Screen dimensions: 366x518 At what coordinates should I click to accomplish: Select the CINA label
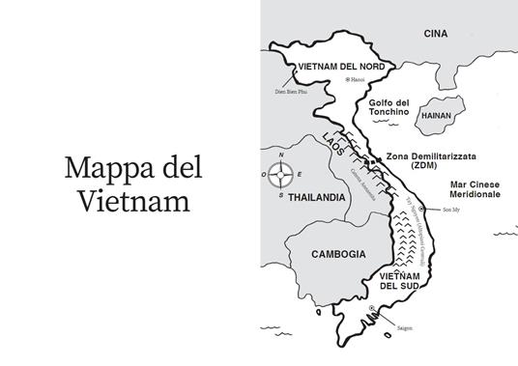pos(436,34)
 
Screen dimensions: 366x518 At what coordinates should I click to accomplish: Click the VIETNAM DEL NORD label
pos(342,67)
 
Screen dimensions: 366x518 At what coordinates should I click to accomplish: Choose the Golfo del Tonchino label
pos(389,108)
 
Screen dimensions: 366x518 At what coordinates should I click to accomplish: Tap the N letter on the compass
pos(281,156)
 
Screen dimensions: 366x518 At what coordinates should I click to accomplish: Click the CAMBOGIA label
pos(338,253)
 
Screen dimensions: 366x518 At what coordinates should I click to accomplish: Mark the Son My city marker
pos(423,210)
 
